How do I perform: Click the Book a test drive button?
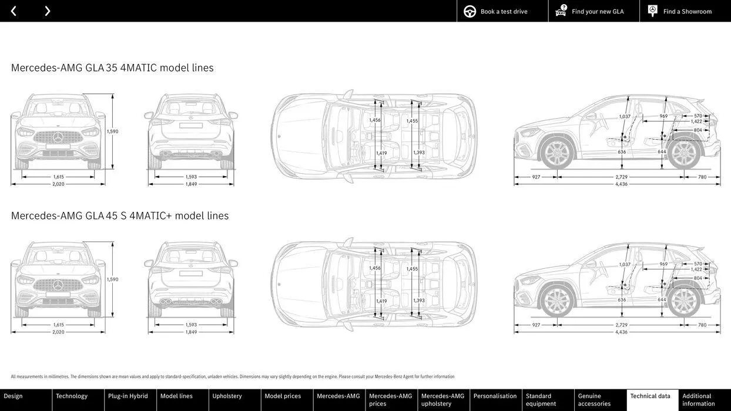(x=502, y=11)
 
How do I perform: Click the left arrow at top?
(x=14, y=11)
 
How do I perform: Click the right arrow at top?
(x=47, y=11)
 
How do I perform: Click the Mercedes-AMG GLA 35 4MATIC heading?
(x=112, y=68)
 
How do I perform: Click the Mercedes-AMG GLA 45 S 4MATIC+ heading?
(x=120, y=215)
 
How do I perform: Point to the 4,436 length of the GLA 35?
(x=621, y=184)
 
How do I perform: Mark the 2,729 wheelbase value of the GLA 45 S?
(x=621, y=325)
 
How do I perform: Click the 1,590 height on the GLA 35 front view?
(x=112, y=132)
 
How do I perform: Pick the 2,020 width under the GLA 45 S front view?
(x=58, y=332)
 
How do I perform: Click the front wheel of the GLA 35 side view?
(x=556, y=153)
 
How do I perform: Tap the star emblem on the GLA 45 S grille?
(x=58, y=285)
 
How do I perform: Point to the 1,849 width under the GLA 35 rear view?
(x=192, y=184)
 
